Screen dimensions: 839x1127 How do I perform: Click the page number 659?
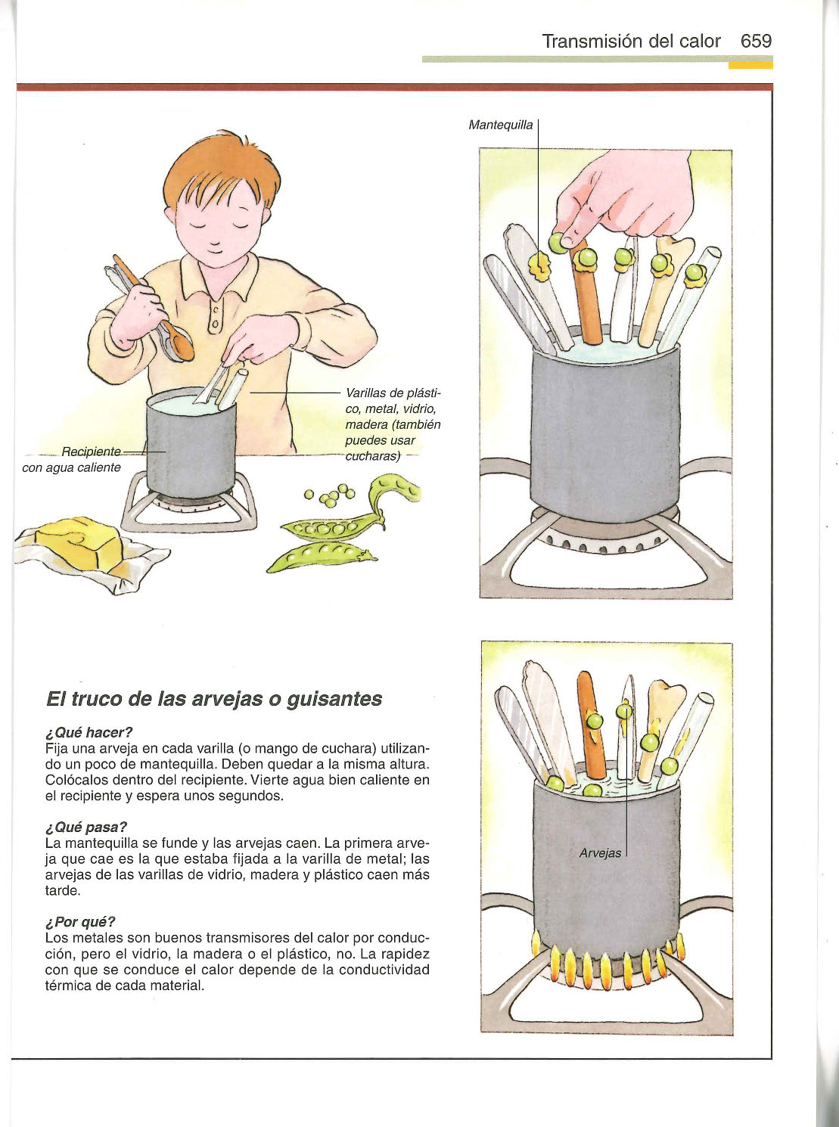(x=757, y=41)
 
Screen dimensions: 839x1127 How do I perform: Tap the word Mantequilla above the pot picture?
(x=501, y=125)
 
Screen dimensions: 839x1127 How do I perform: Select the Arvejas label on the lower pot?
(x=600, y=853)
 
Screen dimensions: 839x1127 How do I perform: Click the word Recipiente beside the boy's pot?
(x=91, y=452)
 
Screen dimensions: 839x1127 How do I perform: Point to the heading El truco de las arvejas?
(x=214, y=699)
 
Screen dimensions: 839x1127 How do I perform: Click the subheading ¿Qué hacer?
(x=89, y=732)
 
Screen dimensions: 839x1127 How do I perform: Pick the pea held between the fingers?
(x=557, y=242)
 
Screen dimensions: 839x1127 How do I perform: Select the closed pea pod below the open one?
(x=322, y=556)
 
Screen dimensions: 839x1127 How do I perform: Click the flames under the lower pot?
(x=607, y=964)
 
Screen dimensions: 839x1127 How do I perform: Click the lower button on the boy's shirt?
(x=215, y=323)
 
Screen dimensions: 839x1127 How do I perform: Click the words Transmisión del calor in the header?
(x=632, y=41)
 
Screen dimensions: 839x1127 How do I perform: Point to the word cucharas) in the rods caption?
(x=373, y=456)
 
